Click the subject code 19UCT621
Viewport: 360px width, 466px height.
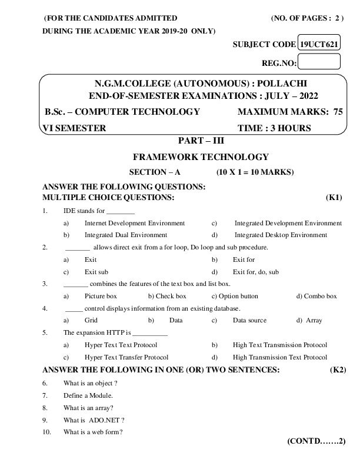319,44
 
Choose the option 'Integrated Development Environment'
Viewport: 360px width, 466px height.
288,224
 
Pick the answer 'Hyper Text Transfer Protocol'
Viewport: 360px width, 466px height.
126,357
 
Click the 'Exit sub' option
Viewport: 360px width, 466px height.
96,272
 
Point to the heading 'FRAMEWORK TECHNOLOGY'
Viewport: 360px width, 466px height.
201,157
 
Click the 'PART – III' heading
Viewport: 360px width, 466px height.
201,141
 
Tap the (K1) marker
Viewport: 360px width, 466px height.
334,198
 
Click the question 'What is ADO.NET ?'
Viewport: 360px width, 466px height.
94,420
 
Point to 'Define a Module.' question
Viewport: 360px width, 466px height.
88,395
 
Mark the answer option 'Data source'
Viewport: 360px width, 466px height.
249,321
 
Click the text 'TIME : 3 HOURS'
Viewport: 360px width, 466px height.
274,128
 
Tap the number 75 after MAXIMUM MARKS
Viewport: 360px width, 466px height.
338,112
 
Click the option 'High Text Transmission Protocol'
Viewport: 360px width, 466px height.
280,345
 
